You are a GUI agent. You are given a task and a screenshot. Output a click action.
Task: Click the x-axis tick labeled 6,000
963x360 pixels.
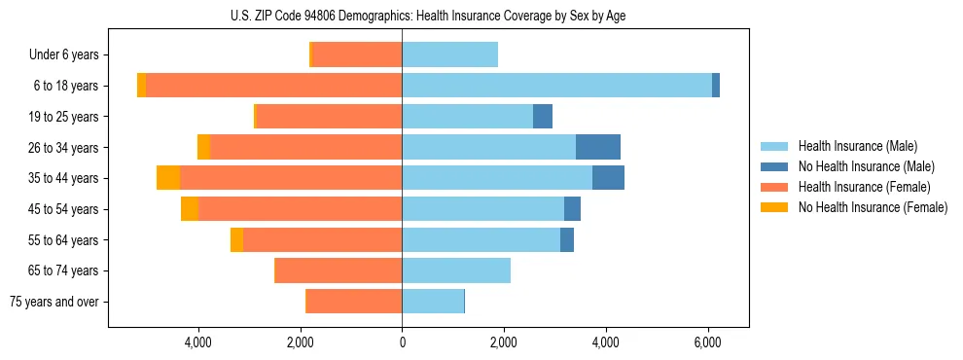click(x=707, y=342)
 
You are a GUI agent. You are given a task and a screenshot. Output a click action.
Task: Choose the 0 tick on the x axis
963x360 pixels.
click(x=402, y=342)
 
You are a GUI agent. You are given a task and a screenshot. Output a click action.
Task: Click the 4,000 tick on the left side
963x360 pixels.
click(x=198, y=342)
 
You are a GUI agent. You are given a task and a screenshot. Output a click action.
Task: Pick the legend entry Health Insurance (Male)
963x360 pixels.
click(x=857, y=146)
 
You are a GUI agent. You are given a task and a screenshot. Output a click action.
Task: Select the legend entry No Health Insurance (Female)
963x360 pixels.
click(x=873, y=207)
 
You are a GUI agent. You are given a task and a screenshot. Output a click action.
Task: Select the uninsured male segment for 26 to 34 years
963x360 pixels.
click(x=598, y=147)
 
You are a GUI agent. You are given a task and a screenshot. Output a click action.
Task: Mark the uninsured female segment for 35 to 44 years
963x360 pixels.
click(x=168, y=178)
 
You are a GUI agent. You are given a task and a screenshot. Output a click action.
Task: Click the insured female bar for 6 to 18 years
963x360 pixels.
click(x=273, y=86)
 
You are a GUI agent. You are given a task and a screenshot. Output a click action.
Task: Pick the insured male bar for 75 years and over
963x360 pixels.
click(x=433, y=302)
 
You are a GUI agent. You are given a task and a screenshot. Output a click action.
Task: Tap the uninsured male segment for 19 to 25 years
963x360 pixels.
click(x=543, y=117)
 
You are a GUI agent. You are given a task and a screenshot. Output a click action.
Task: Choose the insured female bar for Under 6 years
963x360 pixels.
click(x=357, y=55)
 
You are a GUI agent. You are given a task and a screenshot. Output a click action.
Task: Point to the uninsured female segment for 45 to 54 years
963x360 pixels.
click(x=190, y=209)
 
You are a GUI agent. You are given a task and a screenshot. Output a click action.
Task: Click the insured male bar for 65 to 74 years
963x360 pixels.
click(x=456, y=270)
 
